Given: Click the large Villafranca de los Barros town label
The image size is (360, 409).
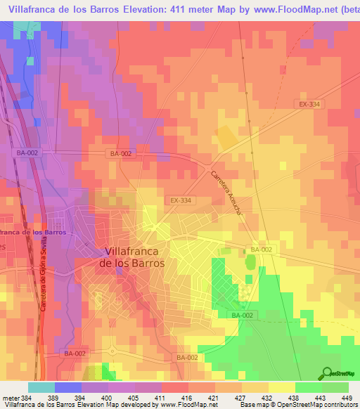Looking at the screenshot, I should click(134, 257).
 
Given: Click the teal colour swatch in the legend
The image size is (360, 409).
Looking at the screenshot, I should click(41, 387).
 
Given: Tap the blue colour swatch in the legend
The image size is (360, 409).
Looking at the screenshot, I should click(67, 387).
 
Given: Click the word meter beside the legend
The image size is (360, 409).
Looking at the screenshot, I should click(9, 397).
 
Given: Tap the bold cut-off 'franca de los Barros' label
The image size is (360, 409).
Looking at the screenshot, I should click(33, 231).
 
